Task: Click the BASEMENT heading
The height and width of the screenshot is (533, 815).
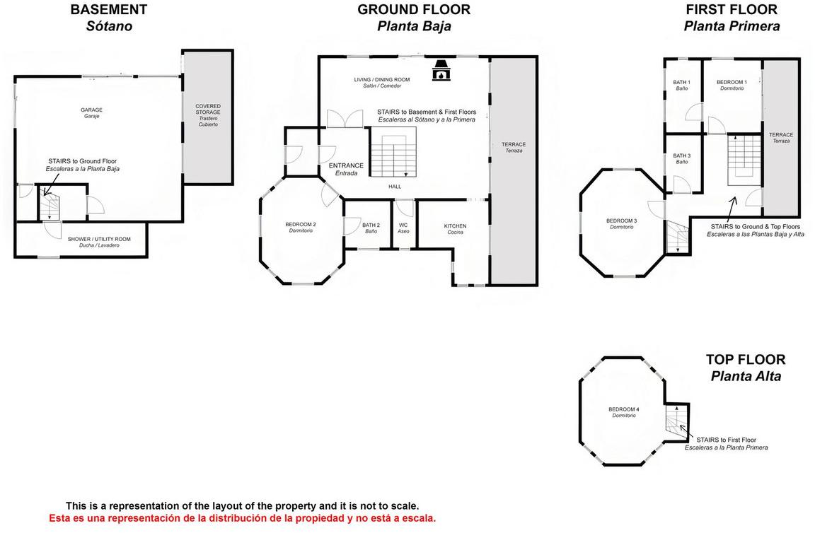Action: pyautogui.click(x=109, y=9)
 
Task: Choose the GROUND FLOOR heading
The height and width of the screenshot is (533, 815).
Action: pyautogui.click(x=414, y=9)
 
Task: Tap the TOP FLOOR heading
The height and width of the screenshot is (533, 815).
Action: pyautogui.click(x=746, y=360)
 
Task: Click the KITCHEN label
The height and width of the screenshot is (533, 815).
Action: pyautogui.click(x=456, y=226)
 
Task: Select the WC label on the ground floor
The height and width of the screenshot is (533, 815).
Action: pyautogui.click(x=403, y=225)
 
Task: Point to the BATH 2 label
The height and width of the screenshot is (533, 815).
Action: pyautogui.click(x=371, y=225)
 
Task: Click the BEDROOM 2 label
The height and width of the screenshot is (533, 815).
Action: pyautogui.click(x=301, y=224)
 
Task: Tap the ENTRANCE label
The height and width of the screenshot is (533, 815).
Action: pyautogui.click(x=346, y=165)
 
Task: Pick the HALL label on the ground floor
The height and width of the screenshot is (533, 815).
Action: pyautogui.click(x=395, y=187)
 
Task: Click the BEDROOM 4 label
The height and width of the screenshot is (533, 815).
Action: pyautogui.click(x=624, y=409)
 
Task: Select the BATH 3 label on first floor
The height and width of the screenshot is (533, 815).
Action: pyautogui.click(x=682, y=156)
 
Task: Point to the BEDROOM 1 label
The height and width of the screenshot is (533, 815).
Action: pyautogui.click(x=732, y=82)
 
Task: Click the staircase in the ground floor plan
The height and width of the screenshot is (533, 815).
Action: pyautogui.click(x=393, y=153)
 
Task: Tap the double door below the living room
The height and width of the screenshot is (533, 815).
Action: pyautogui.click(x=345, y=119)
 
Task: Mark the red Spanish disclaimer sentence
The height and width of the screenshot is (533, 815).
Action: pyautogui.click(x=243, y=518)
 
